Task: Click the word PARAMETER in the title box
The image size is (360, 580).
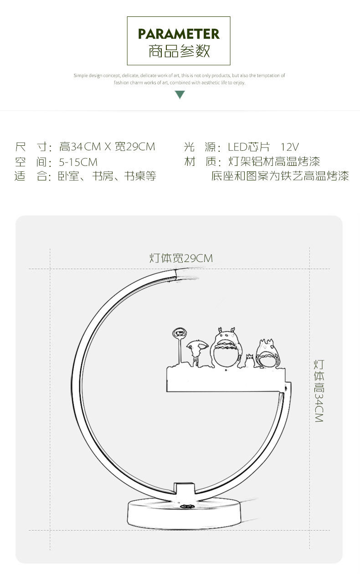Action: point(179,34)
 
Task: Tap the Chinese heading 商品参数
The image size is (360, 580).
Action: point(179,51)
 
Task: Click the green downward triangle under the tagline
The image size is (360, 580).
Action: point(180,95)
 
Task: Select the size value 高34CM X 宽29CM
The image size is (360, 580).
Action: point(107,147)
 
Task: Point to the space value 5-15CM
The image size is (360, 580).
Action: point(78,162)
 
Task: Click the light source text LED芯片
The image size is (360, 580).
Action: point(249,147)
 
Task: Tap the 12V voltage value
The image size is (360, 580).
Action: point(289,147)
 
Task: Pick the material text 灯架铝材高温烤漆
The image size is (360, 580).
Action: point(274,162)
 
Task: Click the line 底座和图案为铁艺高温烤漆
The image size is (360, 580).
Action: point(280,176)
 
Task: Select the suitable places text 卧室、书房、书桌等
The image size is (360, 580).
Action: point(107,176)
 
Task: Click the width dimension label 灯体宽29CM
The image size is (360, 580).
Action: point(181,258)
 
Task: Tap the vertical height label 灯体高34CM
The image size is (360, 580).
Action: point(319,391)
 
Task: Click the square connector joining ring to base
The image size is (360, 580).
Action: point(185,488)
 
